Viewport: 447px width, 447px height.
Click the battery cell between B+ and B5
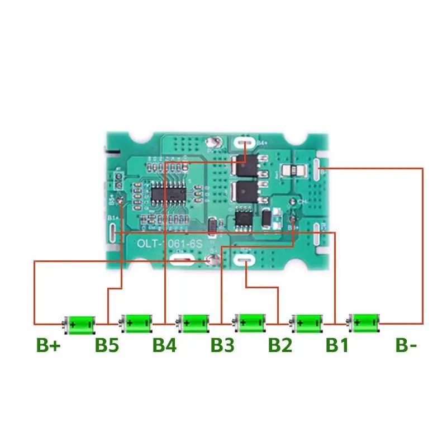[79, 322]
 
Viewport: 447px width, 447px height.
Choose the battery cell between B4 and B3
[194, 322]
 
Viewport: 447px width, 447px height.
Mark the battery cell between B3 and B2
[250, 322]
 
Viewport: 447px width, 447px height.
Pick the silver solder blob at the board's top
[212, 143]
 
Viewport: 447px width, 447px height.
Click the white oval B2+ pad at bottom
[245, 260]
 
